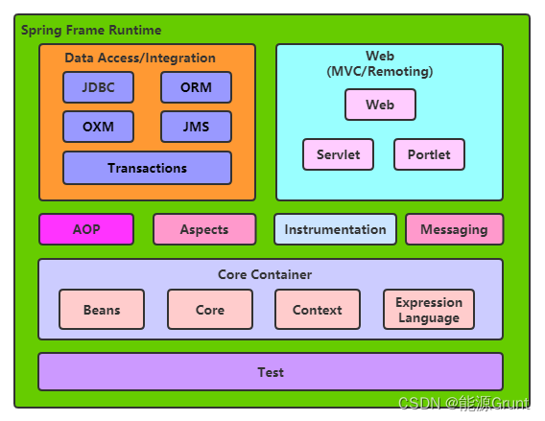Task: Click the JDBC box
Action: pos(98,87)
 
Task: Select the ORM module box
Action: pos(196,87)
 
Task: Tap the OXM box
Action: pos(98,127)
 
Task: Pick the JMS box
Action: pos(196,127)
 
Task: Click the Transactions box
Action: pos(147,168)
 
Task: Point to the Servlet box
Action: pos(338,154)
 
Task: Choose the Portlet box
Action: pos(429,154)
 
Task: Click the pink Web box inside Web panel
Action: pos(380,105)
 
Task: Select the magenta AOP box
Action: pos(85,229)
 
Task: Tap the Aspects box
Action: pos(204,229)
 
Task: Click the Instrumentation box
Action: pos(335,229)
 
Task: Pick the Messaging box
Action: pos(454,229)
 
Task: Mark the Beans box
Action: pos(102,310)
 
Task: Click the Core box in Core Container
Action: pos(210,310)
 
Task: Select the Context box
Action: pos(317,310)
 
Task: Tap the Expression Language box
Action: pos(429,310)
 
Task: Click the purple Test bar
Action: pos(271,372)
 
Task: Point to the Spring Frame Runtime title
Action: pos(91,31)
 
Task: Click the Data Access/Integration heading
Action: pos(140,58)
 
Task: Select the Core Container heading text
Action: pos(265,274)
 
